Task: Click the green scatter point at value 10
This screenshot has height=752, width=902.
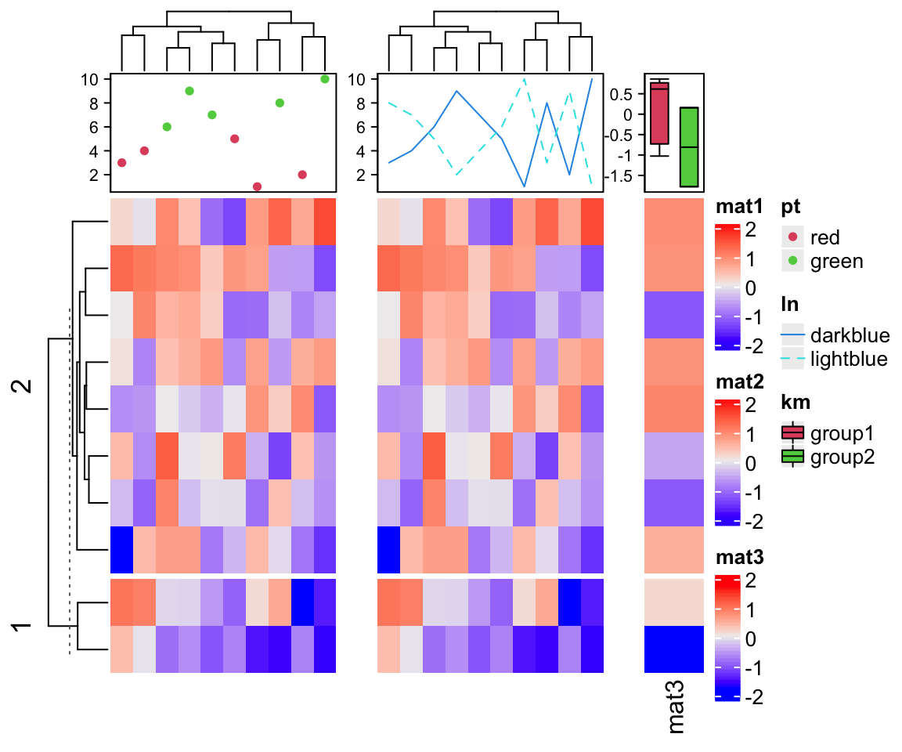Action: (325, 79)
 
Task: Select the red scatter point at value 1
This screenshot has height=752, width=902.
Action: (257, 186)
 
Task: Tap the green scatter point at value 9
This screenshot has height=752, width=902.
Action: (189, 91)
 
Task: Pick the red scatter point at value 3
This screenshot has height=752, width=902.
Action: (121, 163)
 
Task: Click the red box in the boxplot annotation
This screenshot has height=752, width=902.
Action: (659, 113)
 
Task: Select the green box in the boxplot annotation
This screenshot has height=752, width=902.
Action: (689, 146)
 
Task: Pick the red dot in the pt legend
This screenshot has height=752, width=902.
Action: (794, 237)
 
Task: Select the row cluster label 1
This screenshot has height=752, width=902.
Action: (24, 627)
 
